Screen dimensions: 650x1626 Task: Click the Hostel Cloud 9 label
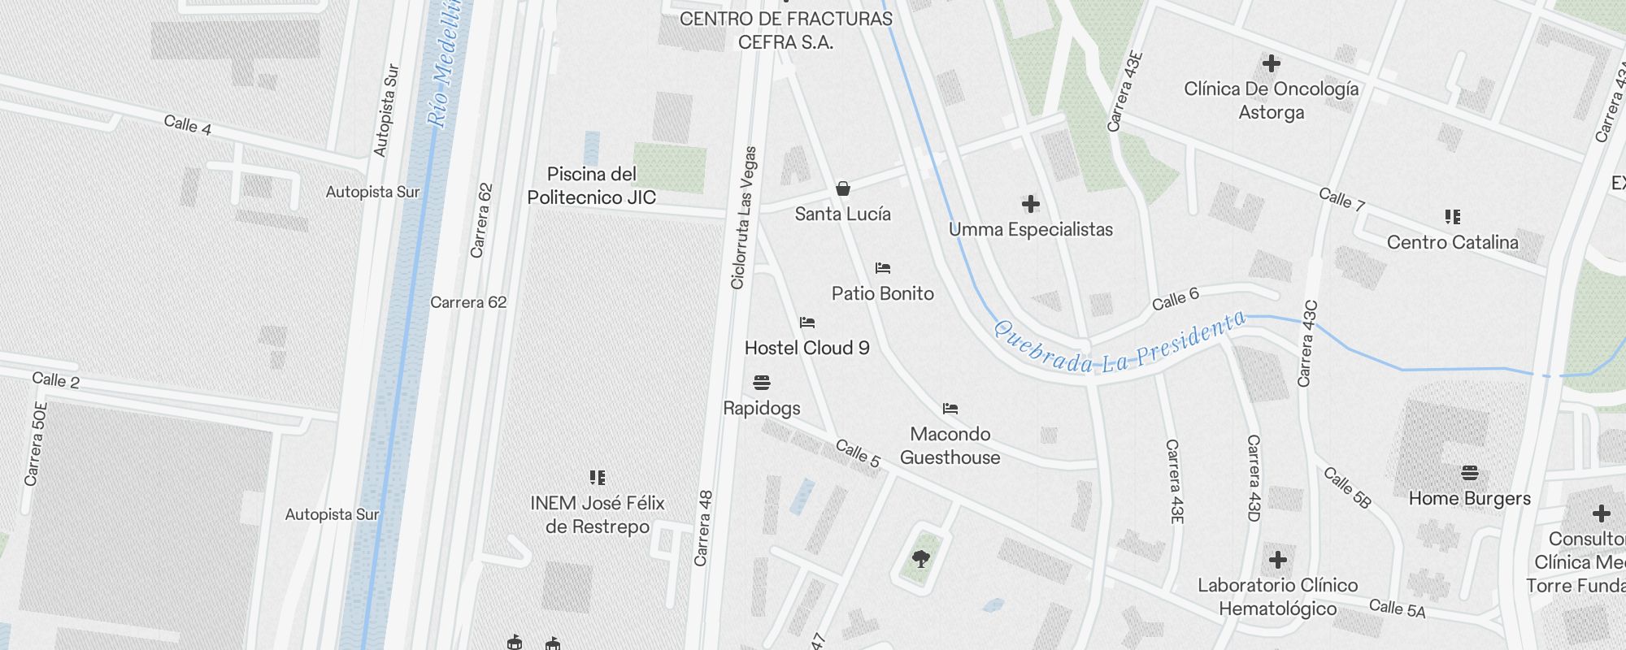(806, 348)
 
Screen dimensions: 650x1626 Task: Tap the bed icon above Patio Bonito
(883, 268)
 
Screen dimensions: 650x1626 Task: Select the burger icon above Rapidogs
(762, 382)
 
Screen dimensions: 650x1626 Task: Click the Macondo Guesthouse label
(950, 445)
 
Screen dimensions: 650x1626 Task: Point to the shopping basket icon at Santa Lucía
(843, 189)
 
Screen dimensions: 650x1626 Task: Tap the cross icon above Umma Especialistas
(1030, 203)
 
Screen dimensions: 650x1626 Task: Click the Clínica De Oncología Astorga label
(1271, 100)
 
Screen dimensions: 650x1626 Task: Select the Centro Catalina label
(1452, 242)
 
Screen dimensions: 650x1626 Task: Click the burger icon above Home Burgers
(1469, 473)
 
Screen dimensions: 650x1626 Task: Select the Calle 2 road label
(55, 379)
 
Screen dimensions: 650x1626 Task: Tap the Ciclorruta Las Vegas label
(744, 218)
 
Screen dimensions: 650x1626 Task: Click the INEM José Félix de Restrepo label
(598, 514)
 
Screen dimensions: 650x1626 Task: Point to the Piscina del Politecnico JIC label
(591, 185)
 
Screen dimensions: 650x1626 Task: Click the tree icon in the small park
(920, 558)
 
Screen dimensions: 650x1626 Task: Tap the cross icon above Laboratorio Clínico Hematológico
(1277, 560)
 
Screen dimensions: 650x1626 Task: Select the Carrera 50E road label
(36, 444)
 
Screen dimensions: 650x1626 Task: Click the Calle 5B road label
(1347, 487)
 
